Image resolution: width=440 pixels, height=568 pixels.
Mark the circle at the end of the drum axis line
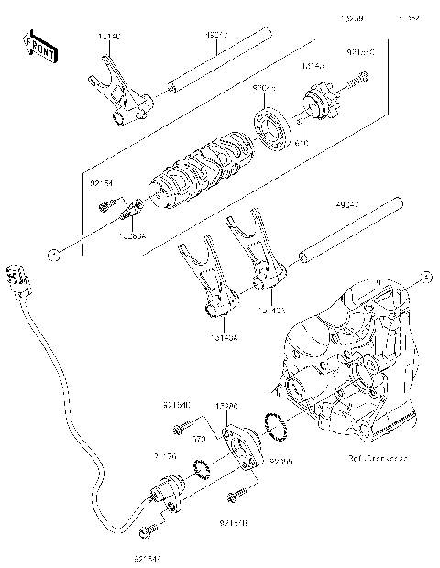tap(56, 251)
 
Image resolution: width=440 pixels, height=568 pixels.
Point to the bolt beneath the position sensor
tap(149, 530)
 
